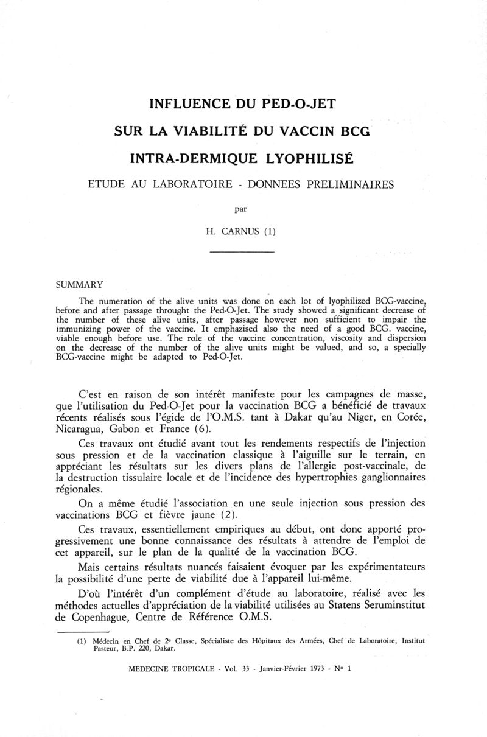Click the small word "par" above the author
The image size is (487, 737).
click(242, 209)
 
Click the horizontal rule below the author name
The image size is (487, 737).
click(242, 251)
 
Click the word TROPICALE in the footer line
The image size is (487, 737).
click(189, 668)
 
